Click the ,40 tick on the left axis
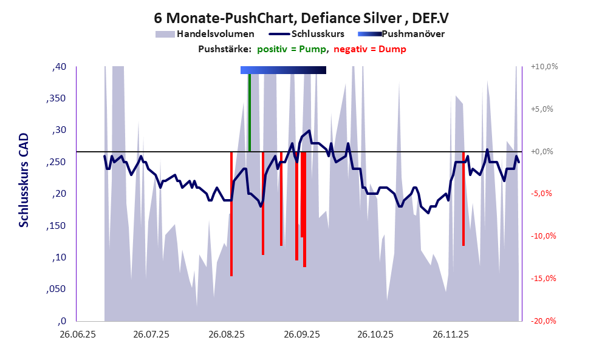[59, 67]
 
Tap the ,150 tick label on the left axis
[56, 226]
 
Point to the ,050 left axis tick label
[56, 290]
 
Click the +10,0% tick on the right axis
[544, 67]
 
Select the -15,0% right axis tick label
[544, 279]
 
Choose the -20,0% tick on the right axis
[544, 321]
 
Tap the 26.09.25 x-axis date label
[301, 335]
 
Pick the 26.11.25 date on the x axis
[450, 335]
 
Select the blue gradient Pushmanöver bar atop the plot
[283, 70]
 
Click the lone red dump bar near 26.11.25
[463, 200]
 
